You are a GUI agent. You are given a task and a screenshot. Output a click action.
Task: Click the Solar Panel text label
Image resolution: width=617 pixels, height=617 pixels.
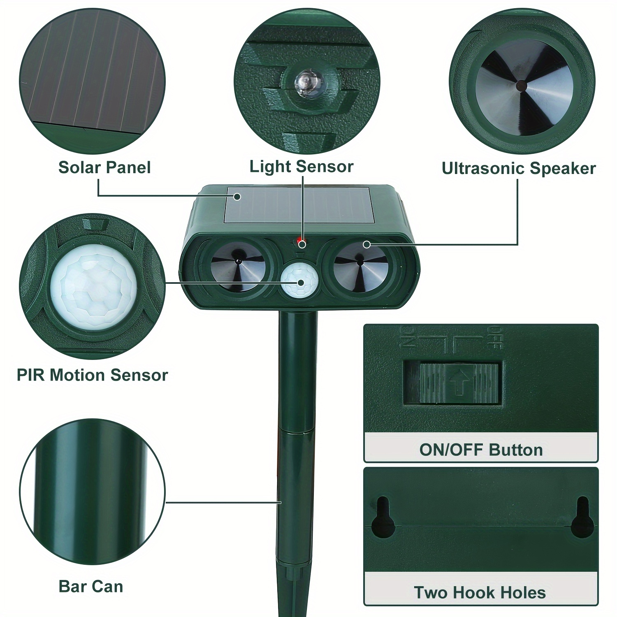pos(104,167)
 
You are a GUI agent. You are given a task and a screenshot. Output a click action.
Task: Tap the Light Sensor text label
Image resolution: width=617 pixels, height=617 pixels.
pos(302,167)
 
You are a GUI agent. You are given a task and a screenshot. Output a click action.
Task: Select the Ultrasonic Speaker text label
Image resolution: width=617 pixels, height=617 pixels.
pos(519,168)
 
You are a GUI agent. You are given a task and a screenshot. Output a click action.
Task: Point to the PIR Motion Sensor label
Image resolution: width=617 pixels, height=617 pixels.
pos(93,375)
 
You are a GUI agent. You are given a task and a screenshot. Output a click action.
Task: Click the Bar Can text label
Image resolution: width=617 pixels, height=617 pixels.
pos(91,586)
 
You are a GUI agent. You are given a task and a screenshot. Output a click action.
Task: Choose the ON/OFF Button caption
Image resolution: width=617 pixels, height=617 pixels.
pos(481,450)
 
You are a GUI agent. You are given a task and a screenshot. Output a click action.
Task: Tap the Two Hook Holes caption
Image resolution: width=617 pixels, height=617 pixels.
pos(480,592)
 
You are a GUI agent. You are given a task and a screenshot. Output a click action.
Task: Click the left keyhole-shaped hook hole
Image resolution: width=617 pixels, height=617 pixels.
pos(383,517)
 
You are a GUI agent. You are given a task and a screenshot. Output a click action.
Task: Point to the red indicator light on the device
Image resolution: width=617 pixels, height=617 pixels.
pos(300,241)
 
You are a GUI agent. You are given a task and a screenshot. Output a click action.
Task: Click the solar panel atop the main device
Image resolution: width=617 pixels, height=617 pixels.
pos(298,210)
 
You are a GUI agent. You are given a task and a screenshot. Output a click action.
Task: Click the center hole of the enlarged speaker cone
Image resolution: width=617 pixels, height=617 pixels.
pos(521,85)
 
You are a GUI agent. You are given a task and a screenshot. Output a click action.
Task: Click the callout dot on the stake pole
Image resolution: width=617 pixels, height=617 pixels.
pos(280,502)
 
